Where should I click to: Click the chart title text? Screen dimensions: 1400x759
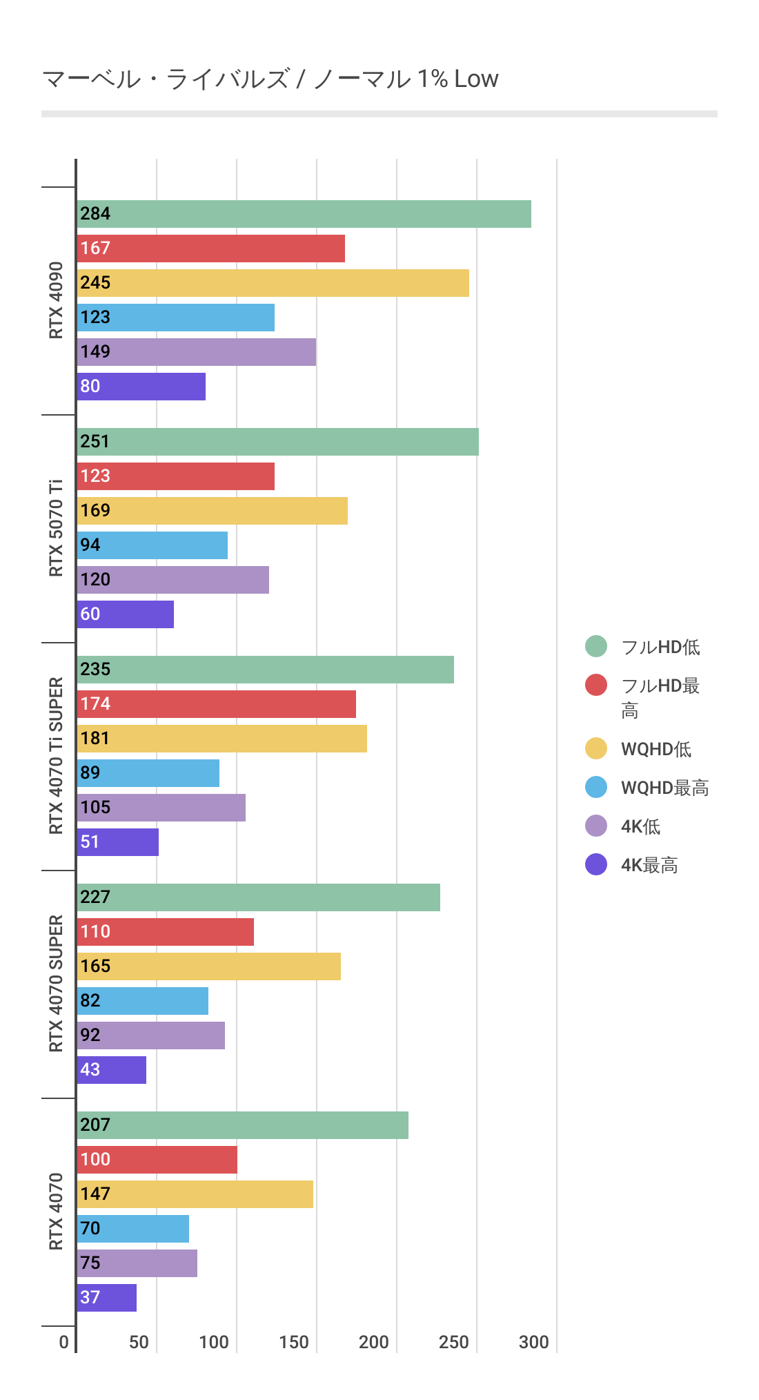(270, 79)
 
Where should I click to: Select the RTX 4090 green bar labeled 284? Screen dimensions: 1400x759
(304, 214)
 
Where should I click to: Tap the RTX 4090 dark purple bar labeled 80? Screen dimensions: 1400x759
(141, 387)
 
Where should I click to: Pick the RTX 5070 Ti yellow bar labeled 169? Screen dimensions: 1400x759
(213, 511)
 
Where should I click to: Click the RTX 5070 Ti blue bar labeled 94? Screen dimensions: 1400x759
(152, 545)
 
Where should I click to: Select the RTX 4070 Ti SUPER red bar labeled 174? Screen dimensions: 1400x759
(217, 704)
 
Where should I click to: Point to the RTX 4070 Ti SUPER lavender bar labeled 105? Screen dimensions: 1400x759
(161, 808)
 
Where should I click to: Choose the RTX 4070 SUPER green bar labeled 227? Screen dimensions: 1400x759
(259, 897)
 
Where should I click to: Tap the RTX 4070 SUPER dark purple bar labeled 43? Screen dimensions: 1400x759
(112, 1070)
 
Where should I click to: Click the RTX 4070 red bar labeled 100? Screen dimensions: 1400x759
(157, 1160)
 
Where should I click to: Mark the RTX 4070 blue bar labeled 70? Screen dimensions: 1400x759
(133, 1229)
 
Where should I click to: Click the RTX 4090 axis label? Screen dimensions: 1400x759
(56, 300)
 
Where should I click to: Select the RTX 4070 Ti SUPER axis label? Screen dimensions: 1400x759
(56, 755)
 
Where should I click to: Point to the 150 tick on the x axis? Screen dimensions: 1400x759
(294, 1342)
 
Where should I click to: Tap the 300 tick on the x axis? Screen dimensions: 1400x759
(534, 1342)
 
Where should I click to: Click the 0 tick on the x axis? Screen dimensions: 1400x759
(64, 1342)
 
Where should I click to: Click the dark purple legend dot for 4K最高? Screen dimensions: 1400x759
(596, 864)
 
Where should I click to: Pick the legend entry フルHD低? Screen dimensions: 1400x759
(660, 647)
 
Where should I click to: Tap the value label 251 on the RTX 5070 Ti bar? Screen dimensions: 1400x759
(95, 442)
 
